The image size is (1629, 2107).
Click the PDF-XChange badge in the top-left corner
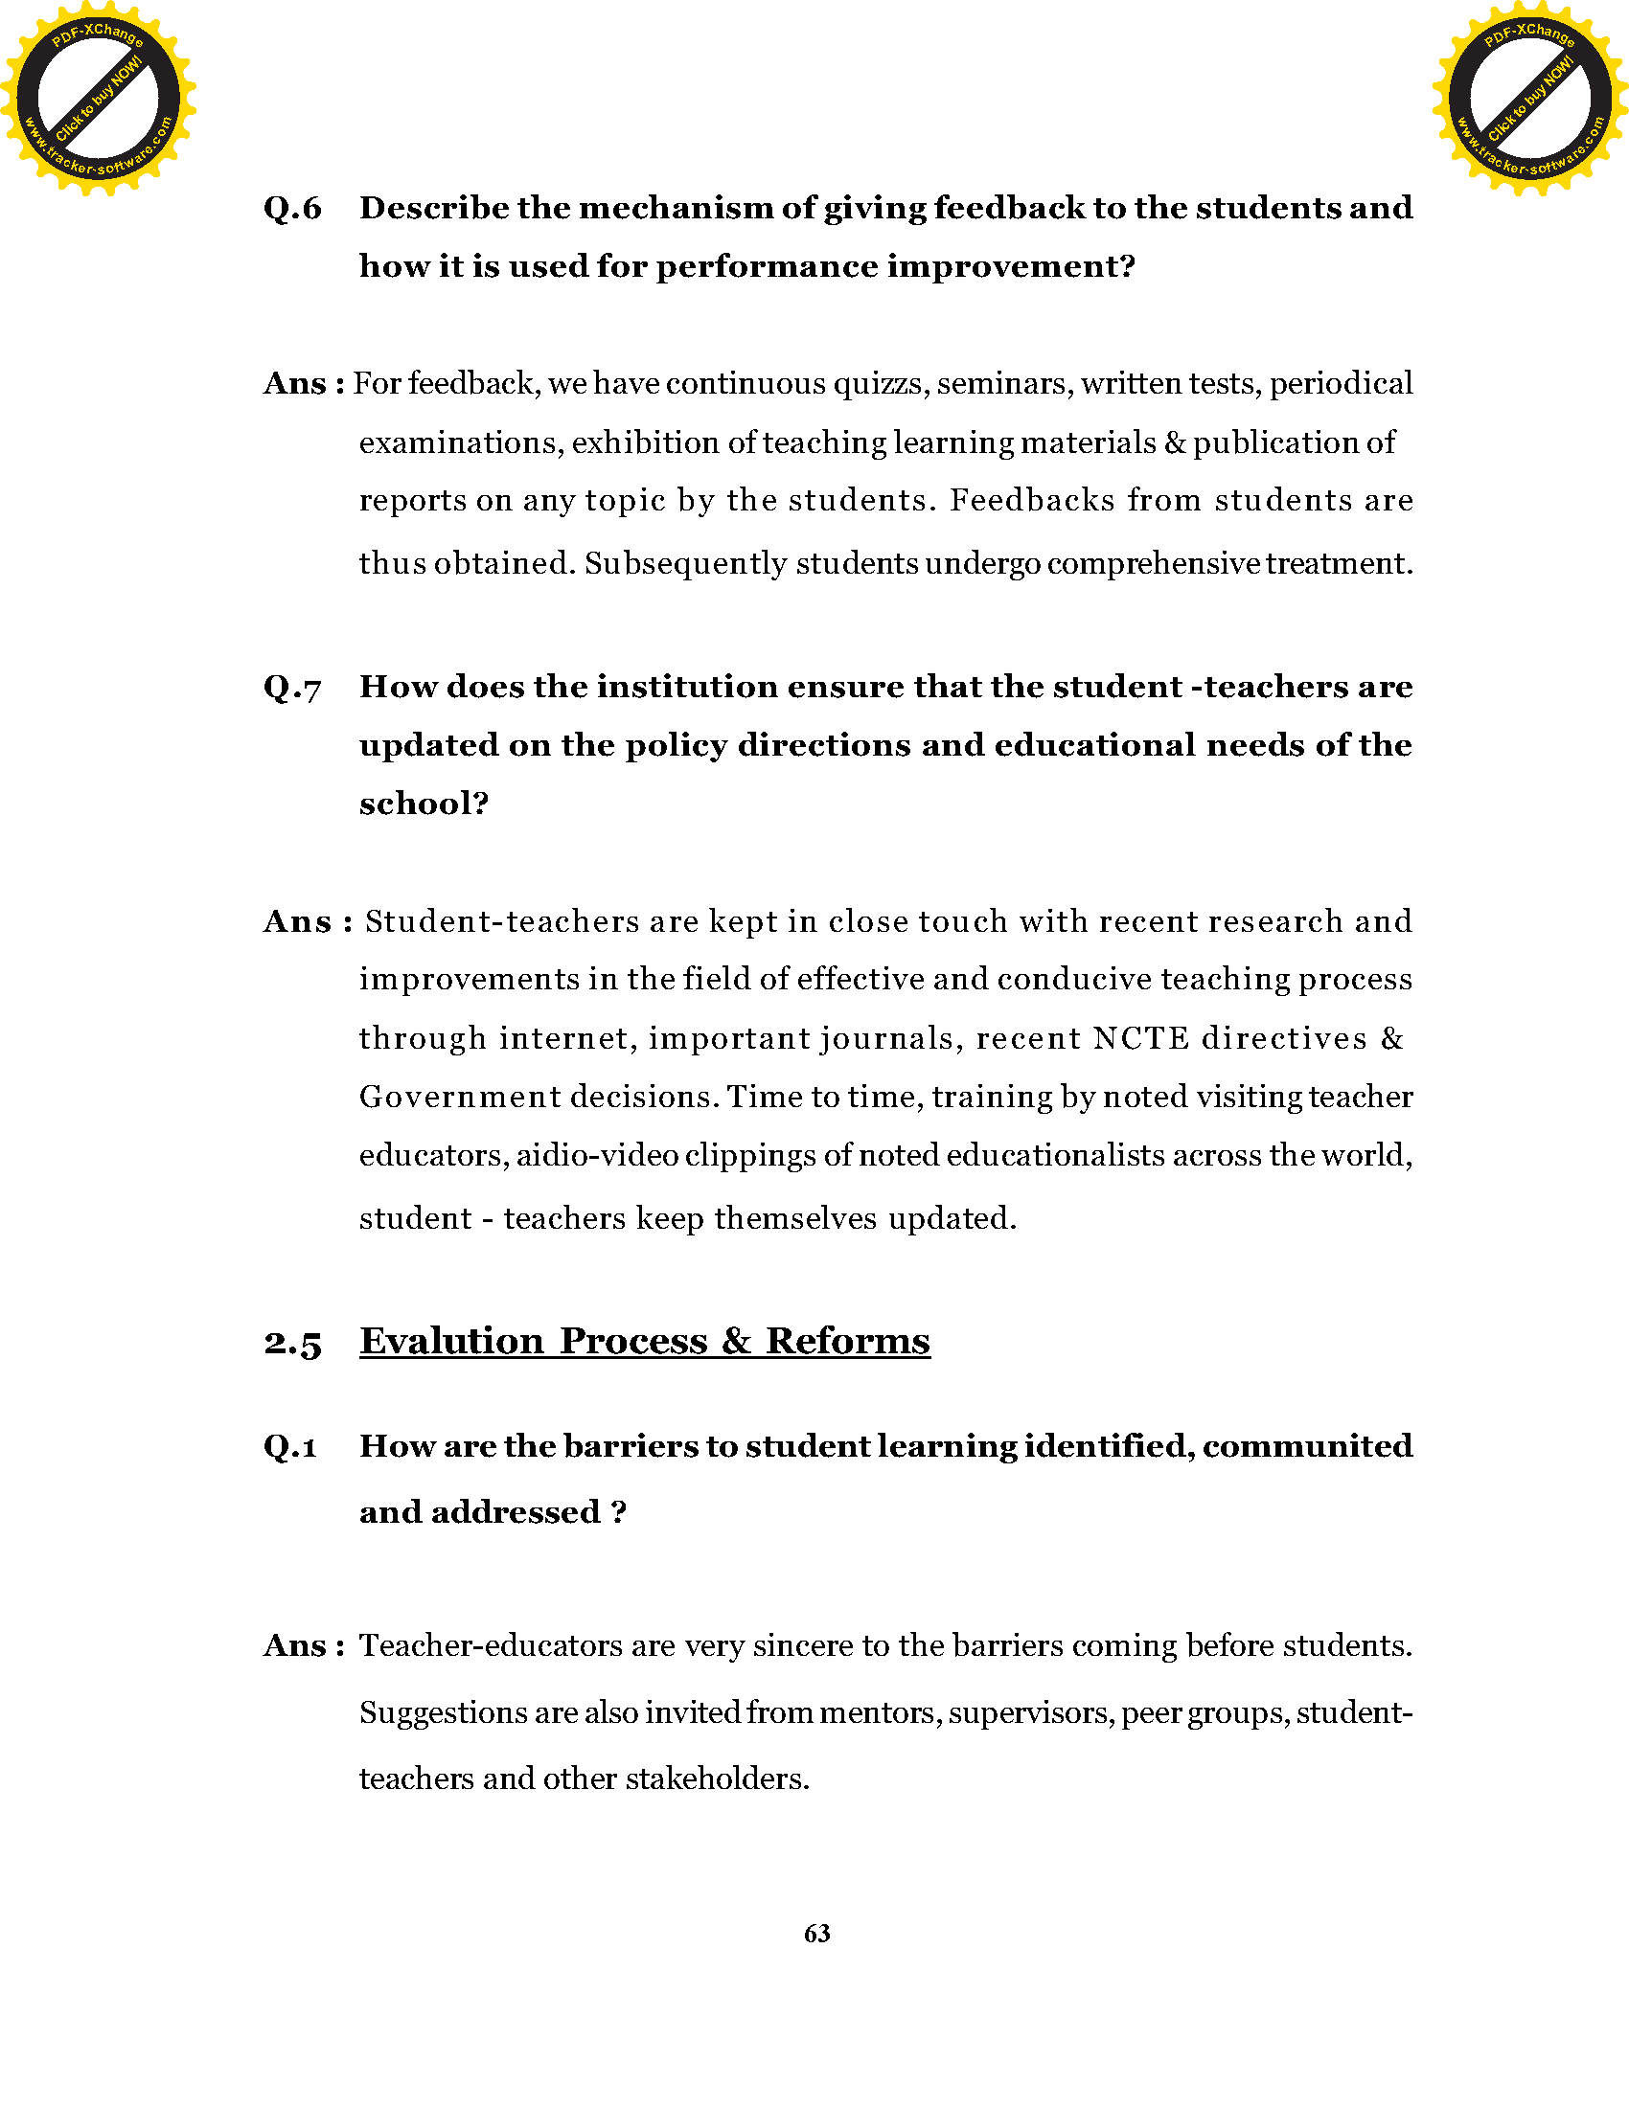[98, 99]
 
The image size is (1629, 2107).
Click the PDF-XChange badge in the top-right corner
[1529, 99]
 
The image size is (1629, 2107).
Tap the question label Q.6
[292, 209]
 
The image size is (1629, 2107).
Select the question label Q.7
[292, 688]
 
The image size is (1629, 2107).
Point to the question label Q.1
[290, 1447]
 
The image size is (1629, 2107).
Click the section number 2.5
[292, 1343]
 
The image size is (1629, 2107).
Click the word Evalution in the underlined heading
[451, 1342]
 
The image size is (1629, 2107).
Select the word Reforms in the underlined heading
[847, 1342]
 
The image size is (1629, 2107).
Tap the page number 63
[816, 1934]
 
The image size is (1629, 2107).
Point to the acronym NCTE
[1140, 1039]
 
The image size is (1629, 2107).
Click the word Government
[459, 1098]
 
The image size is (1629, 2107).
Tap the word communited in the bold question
[1307, 1447]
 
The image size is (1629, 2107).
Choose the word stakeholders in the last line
[716, 1779]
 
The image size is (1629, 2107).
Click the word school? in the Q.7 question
[424, 804]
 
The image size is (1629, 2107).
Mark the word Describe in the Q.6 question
[433, 209]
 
